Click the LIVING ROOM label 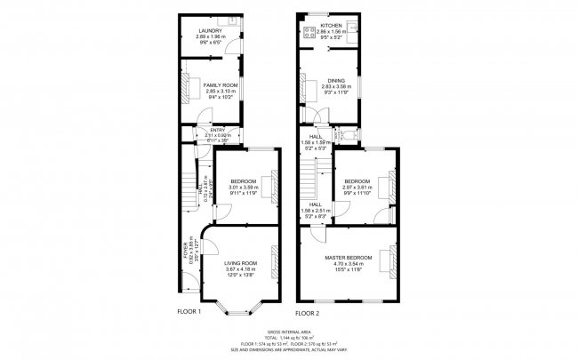click(x=240, y=263)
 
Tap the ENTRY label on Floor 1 click(x=205, y=130)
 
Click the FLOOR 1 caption click(x=189, y=312)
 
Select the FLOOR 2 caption click(x=308, y=314)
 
